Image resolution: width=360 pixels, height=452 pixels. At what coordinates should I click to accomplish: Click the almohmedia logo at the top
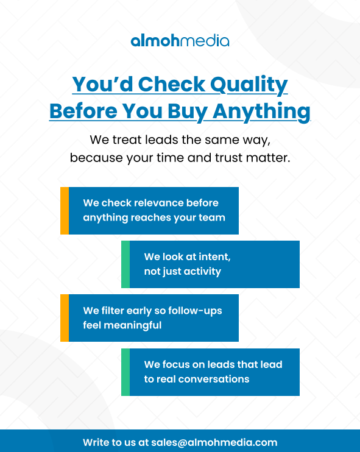pos(180,41)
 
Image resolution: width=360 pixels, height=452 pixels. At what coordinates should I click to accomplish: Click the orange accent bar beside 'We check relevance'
pos(65,211)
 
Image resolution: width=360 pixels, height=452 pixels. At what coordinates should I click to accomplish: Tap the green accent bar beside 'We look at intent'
pos(125,264)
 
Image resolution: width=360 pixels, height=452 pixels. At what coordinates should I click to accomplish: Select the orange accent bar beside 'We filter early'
pos(65,318)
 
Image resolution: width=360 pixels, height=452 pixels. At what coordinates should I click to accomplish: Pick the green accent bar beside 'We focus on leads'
pos(125,372)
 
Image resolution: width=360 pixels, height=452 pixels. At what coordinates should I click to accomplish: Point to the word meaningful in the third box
pos(122,325)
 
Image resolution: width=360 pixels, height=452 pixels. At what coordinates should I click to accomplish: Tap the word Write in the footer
pos(96,443)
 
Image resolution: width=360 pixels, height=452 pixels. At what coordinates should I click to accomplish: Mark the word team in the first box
pos(212,217)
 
